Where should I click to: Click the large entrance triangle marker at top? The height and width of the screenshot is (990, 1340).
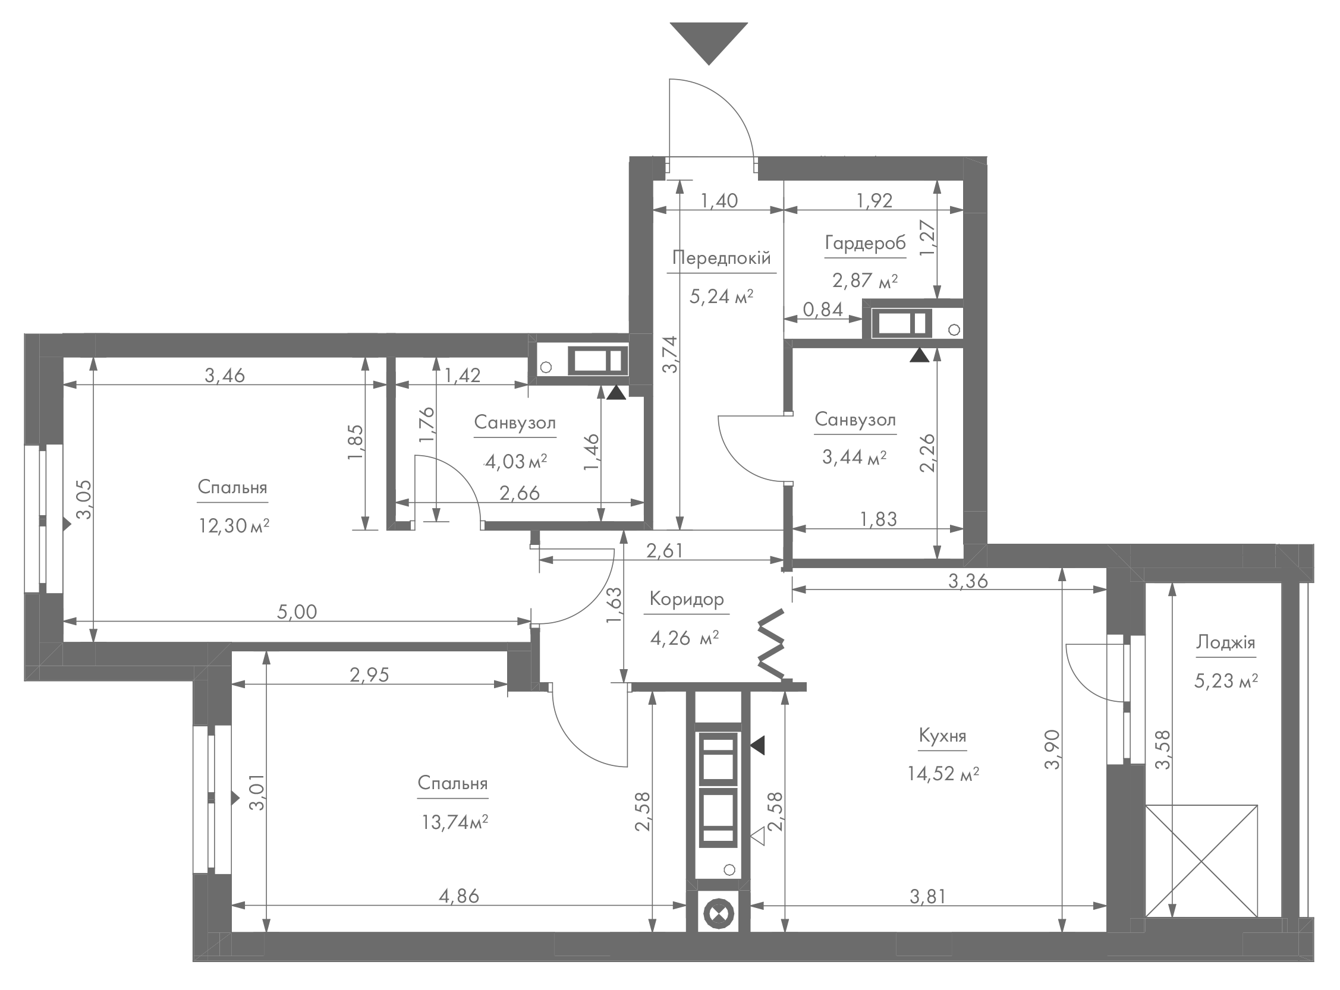click(x=709, y=39)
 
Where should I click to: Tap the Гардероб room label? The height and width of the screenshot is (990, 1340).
click(x=865, y=243)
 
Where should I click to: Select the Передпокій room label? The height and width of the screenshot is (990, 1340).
click(x=721, y=258)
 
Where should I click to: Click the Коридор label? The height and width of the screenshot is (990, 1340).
click(x=687, y=599)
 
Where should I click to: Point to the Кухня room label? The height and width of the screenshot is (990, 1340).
click(x=942, y=736)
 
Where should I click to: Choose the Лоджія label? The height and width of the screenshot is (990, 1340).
click(x=1225, y=643)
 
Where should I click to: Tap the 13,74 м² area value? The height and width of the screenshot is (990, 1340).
click(x=454, y=822)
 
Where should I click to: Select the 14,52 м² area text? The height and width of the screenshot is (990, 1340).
click(x=943, y=774)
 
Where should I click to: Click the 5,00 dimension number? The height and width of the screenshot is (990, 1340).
click(x=297, y=612)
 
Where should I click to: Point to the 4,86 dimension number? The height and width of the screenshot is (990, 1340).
click(x=460, y=897)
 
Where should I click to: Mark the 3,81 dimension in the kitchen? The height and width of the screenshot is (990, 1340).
click(x=927, y=897)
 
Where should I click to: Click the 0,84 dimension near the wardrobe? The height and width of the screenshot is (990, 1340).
click(x=823, y=309)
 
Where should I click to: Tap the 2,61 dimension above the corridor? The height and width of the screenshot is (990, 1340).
click(x=664, y=551)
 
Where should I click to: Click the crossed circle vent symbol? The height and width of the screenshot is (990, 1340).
click(x=718, y=916)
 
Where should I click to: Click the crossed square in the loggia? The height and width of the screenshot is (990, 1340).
click(x=1201, y=861)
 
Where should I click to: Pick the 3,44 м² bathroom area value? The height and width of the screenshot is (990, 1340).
click(x=854, y=458)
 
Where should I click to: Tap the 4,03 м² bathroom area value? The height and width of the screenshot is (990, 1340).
click(x=515, y=462)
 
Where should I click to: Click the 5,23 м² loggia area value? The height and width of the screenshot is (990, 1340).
click(x=1226, y=682)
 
